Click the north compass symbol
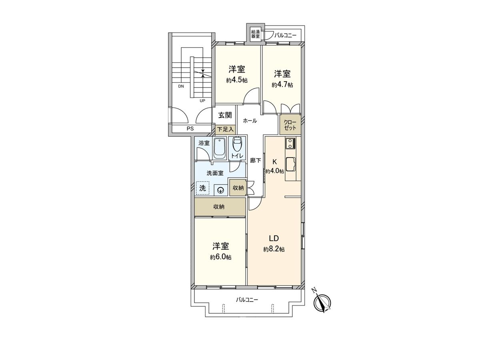[322, 302]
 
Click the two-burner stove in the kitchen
[290, 143]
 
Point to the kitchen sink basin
[290, 164]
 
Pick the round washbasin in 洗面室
[220, 190]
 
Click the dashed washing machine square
[203, 188]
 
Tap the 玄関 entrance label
[225, 115]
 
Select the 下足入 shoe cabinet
[225, 130]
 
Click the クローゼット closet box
[290, 125]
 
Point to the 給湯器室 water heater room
[255, 34]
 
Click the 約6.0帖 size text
[220, 257]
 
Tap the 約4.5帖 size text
[237, 80]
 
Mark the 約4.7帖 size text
[282, 85]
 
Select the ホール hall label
[250, 120]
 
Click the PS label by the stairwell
[190, 129]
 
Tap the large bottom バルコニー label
[247, 299]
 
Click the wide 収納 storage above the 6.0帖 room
[219, 207]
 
